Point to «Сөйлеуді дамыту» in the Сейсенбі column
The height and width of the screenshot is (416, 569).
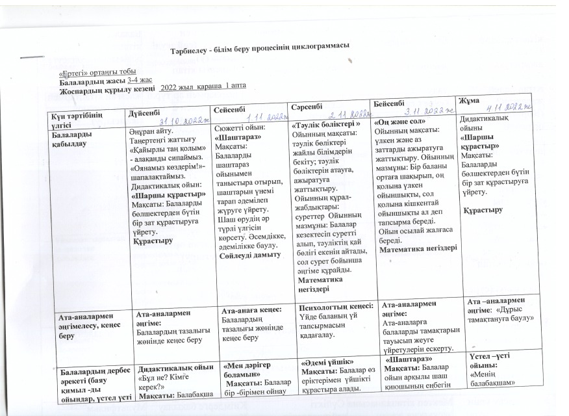click(249, 254)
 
